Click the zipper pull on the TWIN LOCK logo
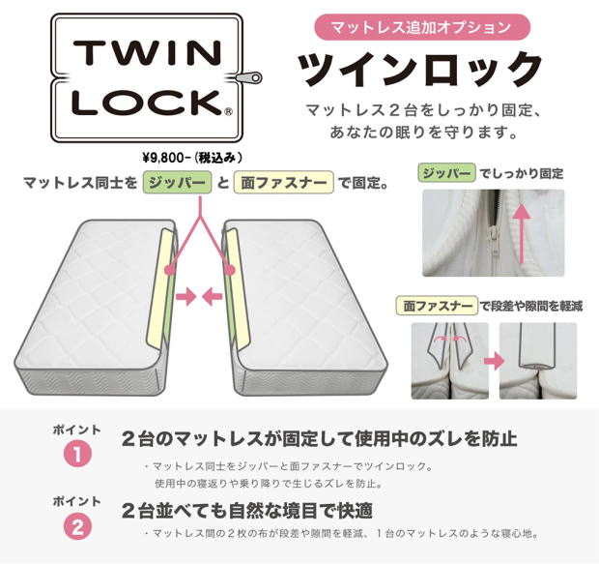(x=248, y=77)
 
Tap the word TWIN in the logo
(x=148, y=52)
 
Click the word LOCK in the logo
(x=148, y=103)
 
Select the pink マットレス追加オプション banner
(x=422, y=27)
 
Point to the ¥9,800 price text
(x=192, y=158)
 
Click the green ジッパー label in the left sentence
(x=177, y=183)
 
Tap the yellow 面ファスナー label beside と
(x=284, y=183)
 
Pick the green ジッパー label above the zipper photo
(x=447, y=173)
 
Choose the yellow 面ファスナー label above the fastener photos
(x=437, y=306)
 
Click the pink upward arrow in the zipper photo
(x=521, y=233)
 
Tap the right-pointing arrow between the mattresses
(x=186, y=296)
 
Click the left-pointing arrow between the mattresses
(x=212, y=296)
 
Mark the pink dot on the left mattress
(x=170, y=270)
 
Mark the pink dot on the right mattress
(x=229, y=270)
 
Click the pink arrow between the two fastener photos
(x=494, y=362)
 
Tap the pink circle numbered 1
(x=77, y=454)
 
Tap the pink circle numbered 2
(x=77, y=526)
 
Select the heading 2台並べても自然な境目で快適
(x=246, y=511)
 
